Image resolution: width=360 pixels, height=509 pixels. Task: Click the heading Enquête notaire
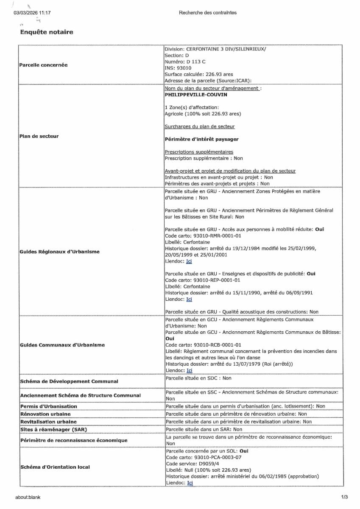tap(47, 32)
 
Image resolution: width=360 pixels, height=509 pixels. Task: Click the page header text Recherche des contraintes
tap(208, 13)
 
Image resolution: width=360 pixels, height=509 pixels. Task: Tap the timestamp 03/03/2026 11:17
tap(32, 13)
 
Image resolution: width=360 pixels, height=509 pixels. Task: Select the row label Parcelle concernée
tap(43, 65)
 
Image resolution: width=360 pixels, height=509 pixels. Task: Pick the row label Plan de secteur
tap(39, 136)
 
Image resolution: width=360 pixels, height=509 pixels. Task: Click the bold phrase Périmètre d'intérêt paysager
tap(201, 139)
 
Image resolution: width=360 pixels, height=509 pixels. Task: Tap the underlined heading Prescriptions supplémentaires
tap(198, 152)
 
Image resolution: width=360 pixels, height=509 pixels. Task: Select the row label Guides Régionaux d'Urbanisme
tap(59, 252)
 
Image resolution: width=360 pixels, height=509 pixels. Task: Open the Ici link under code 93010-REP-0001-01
tap(189, 299)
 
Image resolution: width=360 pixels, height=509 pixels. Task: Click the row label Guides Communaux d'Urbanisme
tap(62, 345)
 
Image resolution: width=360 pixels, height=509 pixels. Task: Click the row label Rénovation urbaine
tap(45, 414)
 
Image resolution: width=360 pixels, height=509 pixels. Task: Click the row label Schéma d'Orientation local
tap(55, 467)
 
